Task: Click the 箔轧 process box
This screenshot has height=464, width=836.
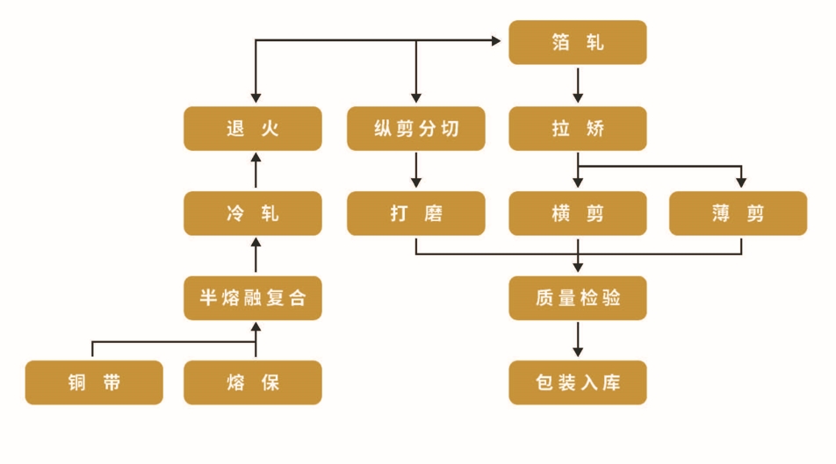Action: [x=578, y=42]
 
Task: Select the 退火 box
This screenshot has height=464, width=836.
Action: [x=252, y=128]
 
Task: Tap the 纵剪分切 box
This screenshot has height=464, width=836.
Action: [x=415, y=128]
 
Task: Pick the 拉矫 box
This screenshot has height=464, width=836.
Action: [x=578, y=128]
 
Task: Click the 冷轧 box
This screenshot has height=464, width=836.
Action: [x=252, y=213]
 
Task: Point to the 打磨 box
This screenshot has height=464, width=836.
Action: [x=415, y=213]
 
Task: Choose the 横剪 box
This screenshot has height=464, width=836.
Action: [x=578, y=213]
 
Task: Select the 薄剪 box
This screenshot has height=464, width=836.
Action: [x=738, y=213]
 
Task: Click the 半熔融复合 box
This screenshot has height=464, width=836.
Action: [x=252, y=297]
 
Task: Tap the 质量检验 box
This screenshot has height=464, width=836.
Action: [x=578, y=297]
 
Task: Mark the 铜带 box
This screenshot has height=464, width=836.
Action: [x=94, y=382]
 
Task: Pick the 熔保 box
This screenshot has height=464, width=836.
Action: [x=252, y=382]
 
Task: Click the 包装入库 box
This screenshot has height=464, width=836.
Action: [x=578, y=382]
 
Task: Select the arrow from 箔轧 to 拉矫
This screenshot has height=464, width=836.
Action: [x=578, y=85]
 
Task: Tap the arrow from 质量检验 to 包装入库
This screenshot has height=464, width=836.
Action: [x=578, y=339]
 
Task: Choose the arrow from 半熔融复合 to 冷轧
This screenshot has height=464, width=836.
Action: [x=256, y=255]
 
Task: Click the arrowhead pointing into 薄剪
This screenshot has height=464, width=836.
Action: [x=741, y=183]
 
